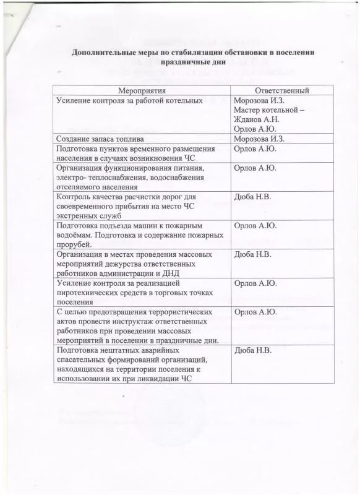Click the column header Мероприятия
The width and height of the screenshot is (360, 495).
click(x=142, y=91)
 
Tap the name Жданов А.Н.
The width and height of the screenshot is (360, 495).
click(x=257, y=119)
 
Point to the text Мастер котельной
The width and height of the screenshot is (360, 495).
click(x=263, y=110)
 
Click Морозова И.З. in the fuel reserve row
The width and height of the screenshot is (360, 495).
click(x=259, y=139)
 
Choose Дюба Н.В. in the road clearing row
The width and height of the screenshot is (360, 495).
click(x=253, y=197)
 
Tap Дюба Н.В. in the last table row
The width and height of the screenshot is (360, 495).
click(x=253, y=350)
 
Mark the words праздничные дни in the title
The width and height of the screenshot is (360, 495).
click(x=192, y=62)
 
